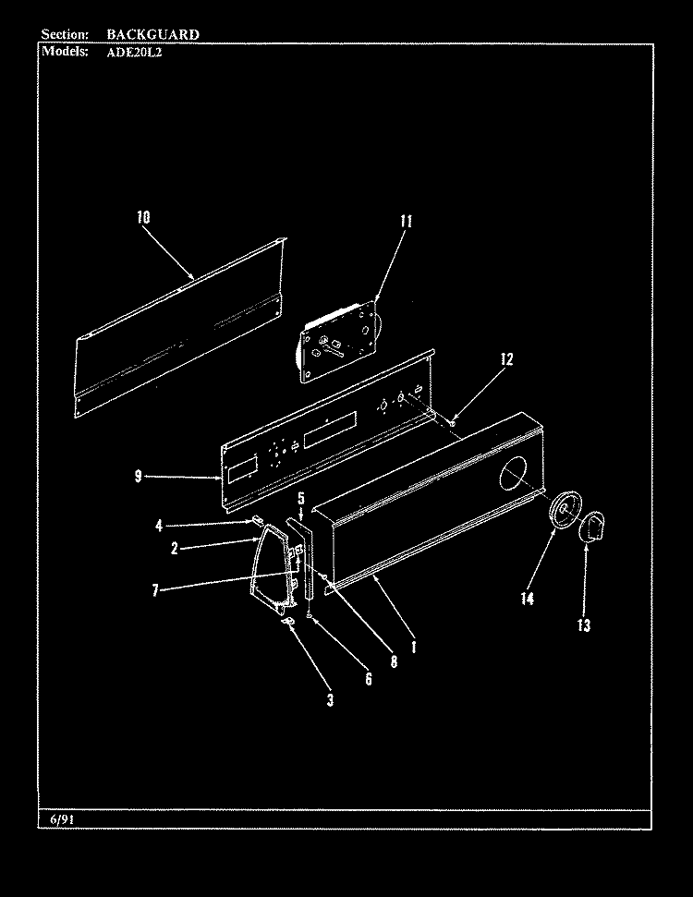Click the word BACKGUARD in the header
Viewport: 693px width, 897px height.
tap(152, 34)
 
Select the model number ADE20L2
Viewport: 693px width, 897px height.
tap(135, 52)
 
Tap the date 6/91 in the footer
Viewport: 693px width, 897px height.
tap(63, 819)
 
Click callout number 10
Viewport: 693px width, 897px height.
tap(143, 217)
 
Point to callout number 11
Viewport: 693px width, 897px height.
tap(407, 222)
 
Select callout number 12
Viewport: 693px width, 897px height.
tap(506, 359)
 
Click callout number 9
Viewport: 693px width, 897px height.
tap(138, 476)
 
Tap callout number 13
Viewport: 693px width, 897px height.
tap(584, 625)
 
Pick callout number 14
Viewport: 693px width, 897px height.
tap(527, 599)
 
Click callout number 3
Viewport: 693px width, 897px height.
tap(330, 699)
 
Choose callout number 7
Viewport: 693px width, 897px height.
tap(155, 589)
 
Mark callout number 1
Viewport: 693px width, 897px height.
tap(414, 647)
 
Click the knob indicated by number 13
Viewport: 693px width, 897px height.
tap(592, 527)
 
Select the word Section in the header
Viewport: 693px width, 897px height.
tap(65, 34)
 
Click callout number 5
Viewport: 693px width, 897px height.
tap(301, 498)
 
